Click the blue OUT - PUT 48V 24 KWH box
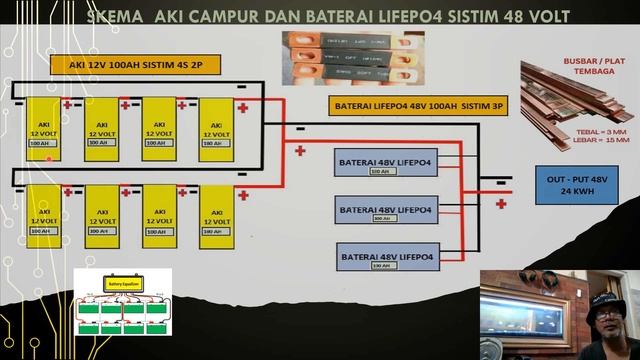tap(570, 184)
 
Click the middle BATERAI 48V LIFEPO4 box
tap(385, 211)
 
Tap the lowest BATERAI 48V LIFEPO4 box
tap(385, 259)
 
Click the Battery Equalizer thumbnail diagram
tap(122, 303)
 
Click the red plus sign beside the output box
tap(501, 203)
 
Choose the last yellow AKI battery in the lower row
tap(215, 216)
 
